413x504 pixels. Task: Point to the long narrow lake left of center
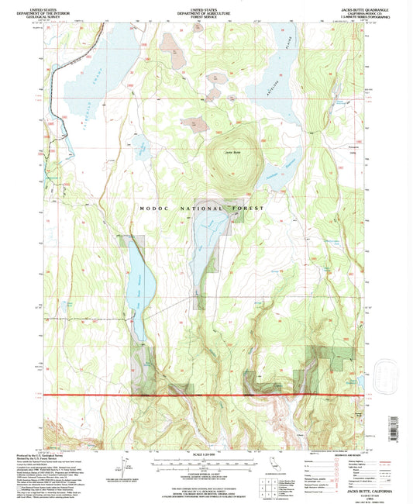(136, 287)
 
